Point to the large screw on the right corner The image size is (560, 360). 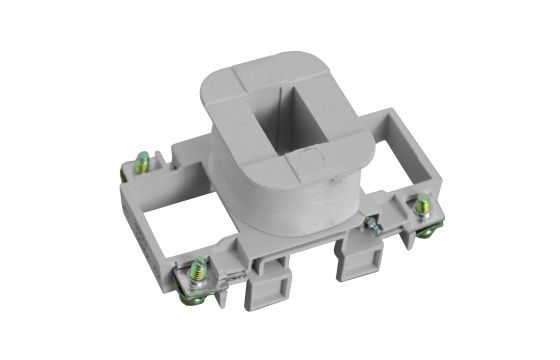(x=424, y=207)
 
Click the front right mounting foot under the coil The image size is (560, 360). (x=353, y=262)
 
